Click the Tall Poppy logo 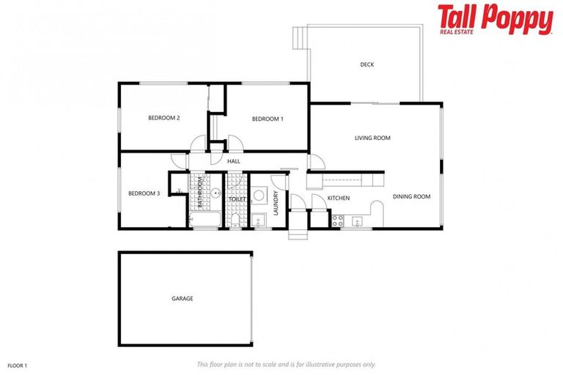point(495,20)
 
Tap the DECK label point(367,64)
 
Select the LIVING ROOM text point(372,138)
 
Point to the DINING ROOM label point(411,196)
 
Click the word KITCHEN point(338,198)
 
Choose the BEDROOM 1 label point(268,119)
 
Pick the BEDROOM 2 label point(164,117)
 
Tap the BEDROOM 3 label point(144,193)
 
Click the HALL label point(234,161)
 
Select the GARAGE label point(183,299)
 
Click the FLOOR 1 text point(18,364)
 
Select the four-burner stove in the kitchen point(338,220)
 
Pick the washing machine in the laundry point(259,196)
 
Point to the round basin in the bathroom point(217,194)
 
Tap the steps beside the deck point(298,36)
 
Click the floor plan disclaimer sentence point(286,364)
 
